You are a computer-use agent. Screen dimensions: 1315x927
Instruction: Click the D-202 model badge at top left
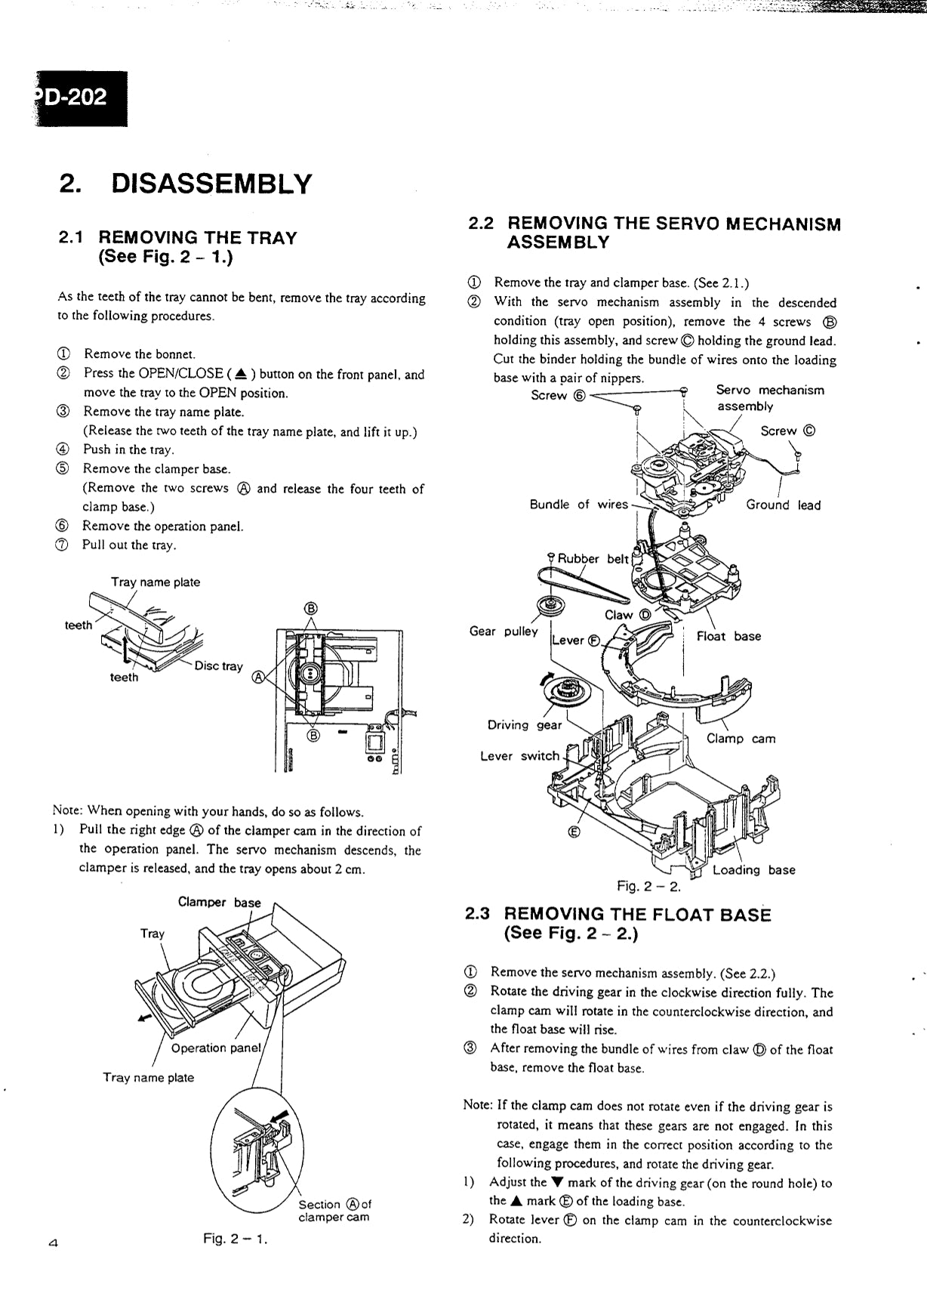pos(80,98)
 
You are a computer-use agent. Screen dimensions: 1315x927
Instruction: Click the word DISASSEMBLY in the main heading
pos(211,184)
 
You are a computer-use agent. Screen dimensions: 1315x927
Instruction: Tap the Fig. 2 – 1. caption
pos(235,1239)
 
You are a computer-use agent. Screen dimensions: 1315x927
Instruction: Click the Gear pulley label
pos(504,631)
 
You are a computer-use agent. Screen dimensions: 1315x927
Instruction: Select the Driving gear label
pos(525,725)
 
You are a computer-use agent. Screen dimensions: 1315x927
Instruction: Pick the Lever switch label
pos(520,756)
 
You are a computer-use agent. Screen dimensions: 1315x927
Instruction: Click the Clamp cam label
pos(741,739)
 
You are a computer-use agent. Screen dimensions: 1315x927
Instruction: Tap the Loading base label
pos(753,870)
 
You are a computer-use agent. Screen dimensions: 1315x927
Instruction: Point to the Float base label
pos(728,636)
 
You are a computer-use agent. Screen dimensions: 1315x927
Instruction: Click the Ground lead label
pos(783,505)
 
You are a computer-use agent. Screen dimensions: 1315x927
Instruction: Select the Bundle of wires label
pos(578,505)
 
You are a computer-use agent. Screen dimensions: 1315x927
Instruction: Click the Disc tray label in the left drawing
pos(218,666)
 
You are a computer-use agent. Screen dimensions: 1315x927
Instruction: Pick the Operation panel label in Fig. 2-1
pos(215,1048)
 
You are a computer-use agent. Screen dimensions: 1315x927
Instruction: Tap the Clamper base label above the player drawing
pos(219,902)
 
